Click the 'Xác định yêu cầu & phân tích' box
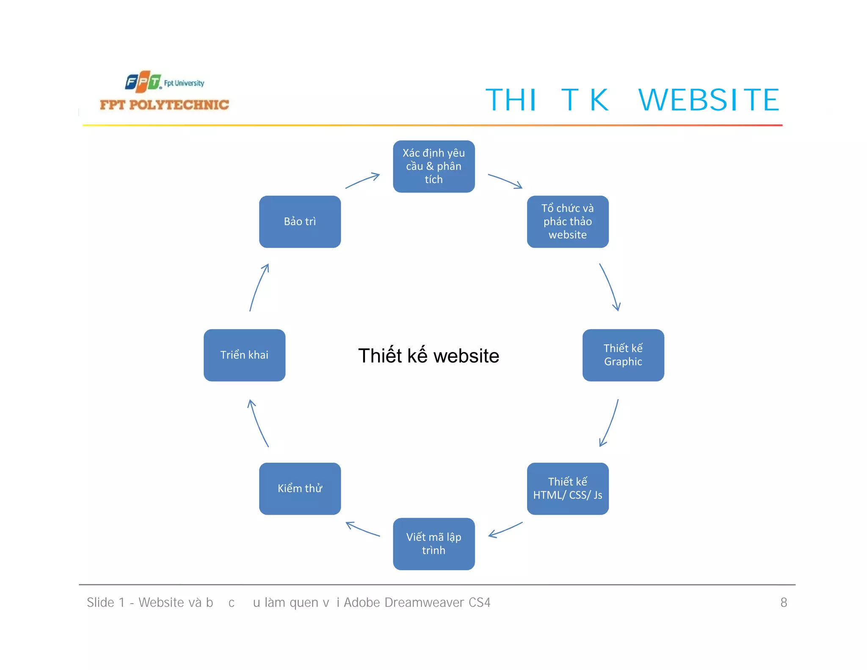(433, 166)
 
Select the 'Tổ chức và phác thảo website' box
(567, 221)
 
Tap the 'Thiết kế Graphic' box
(623, 355)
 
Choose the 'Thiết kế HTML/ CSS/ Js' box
(567, 488)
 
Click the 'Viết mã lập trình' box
(433, 543)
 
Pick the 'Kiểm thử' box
(300, 488)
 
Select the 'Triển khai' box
(244, 355)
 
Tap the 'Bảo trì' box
(300, 221)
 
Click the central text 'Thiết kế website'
(428, 356)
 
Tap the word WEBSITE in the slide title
(708, 100)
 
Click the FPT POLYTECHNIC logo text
(164, 105)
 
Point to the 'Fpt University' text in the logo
(184, 83)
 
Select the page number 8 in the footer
(783, 602)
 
